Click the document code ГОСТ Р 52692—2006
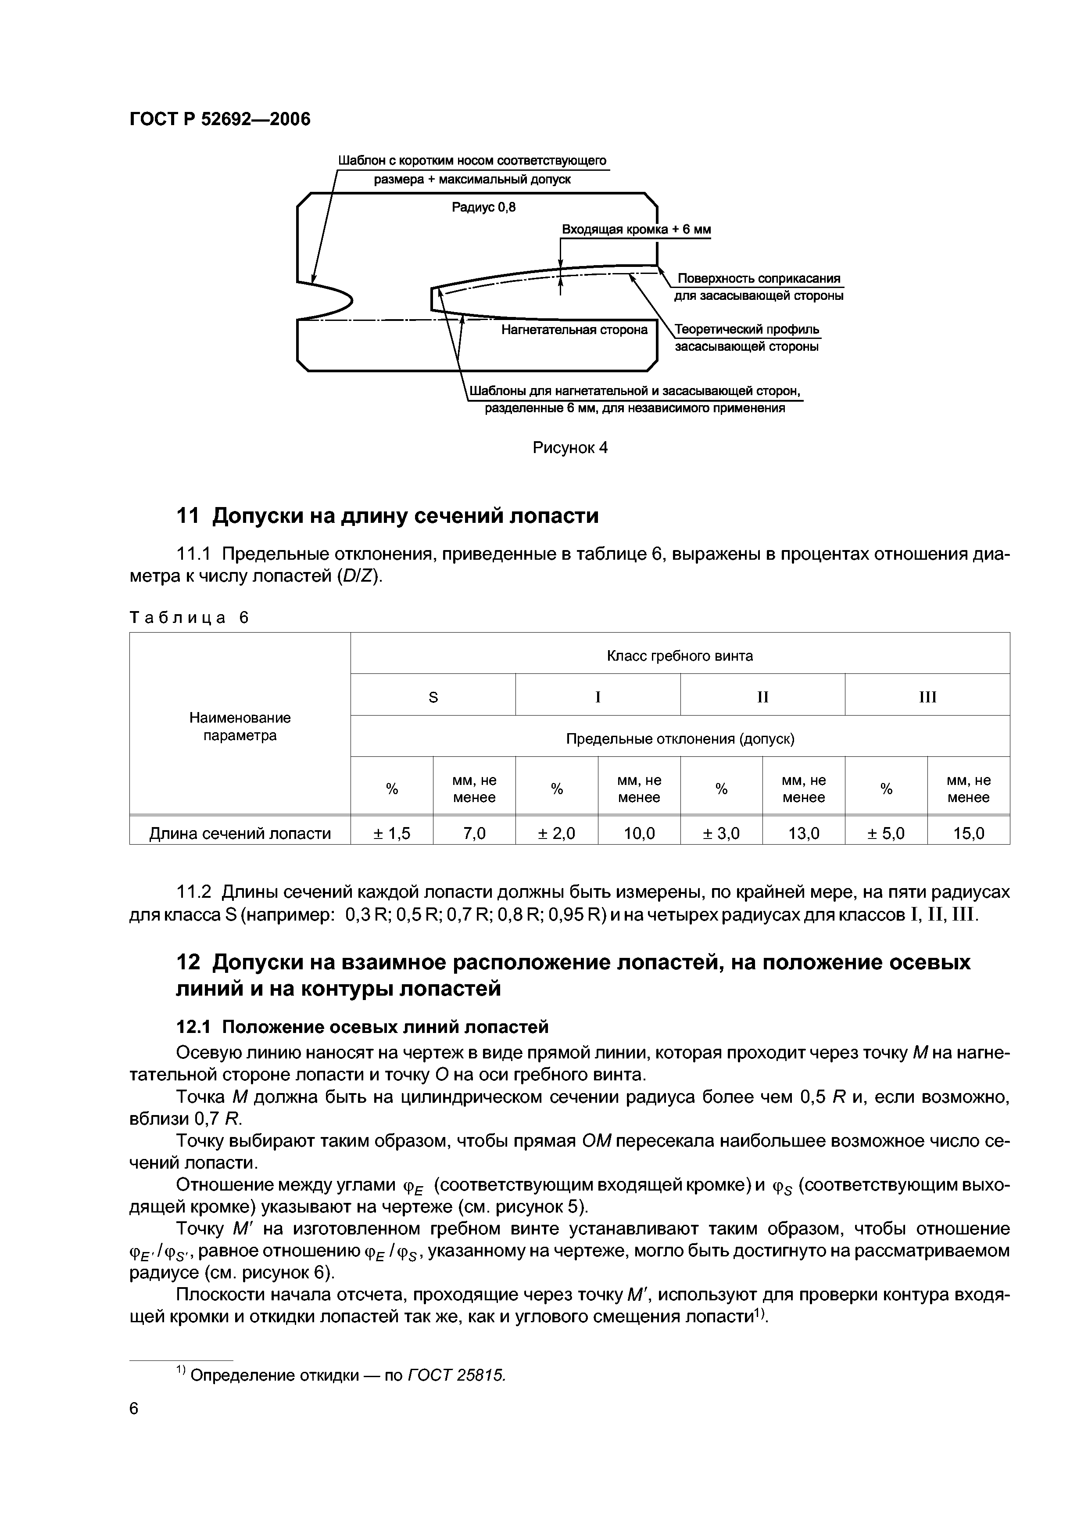[220, 119]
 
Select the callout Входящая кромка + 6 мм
[636, 230]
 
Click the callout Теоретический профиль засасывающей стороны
[747, 338]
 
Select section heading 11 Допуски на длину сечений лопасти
[387, 516]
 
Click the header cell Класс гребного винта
[679, 656]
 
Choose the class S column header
[433, 698]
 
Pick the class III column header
[927, 698]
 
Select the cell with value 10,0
[639, 834]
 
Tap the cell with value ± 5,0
[886, 834]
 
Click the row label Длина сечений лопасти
[240, 834]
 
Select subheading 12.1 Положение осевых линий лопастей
[362, 1027]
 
